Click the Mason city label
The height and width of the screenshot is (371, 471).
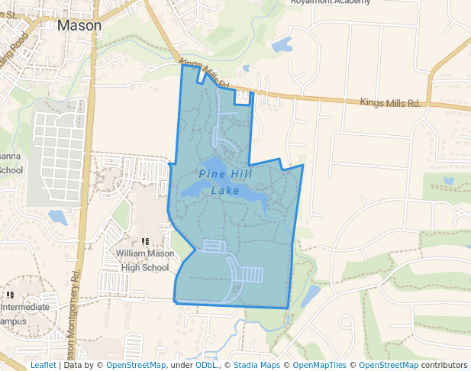[79, 25]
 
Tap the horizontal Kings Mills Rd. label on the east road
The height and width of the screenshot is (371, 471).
[390, 102]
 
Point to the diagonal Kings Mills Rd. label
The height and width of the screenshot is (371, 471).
[205, 73]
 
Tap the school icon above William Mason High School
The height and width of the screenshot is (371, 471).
[144, 241]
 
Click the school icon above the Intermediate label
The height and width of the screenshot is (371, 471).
[10, 295]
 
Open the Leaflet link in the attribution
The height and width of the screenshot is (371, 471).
[43, 365]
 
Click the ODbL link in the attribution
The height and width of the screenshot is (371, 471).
[206, 365]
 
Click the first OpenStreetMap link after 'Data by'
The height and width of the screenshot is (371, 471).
[136, 365]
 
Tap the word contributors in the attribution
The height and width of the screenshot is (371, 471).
[444, 365]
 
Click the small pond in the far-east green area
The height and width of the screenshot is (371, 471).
[448, 181]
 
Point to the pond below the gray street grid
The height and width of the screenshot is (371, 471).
[57, 218]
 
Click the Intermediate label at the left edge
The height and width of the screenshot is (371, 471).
[24, 308]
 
